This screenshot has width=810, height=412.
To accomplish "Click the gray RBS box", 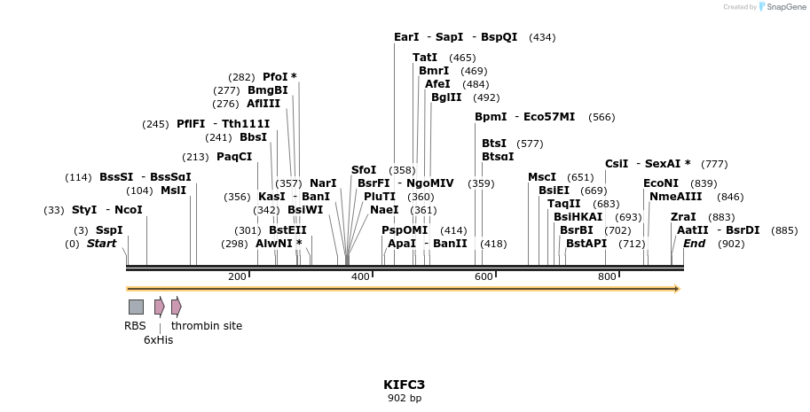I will click(x=136, y=307).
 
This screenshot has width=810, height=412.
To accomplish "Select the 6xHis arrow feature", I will click(x=159, y=307).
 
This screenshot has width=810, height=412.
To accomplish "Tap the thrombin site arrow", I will click(x=176, y=307).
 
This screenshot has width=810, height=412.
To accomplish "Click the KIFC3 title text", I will click(x=404, y=385).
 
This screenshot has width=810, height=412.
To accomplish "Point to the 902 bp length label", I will click(x=404, y=399).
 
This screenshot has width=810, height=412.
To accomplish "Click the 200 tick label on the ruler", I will click(x=237, y=277).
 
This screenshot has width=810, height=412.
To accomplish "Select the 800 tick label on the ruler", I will click(x=607, y=277).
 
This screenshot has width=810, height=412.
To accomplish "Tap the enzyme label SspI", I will click(x=109, y=229).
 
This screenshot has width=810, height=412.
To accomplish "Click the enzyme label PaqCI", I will click(x=234, y=157).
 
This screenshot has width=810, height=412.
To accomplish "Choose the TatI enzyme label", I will click(x=425, y=58).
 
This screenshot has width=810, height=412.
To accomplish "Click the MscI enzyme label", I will click(x=542, y=176).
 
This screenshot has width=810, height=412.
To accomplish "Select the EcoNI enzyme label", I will click(x=661, y=183).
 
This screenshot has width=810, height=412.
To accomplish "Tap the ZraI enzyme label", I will click(x=683, y=216).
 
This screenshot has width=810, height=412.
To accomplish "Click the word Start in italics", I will click(x=101, y=243).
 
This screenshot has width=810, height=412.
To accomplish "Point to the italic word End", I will click(x=695, y=243).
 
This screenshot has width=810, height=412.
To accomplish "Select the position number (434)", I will click(x=542, y=37).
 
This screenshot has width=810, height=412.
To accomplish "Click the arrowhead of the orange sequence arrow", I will click(x=676, y=288).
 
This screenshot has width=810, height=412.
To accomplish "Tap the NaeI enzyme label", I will click(x=384, y=210).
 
